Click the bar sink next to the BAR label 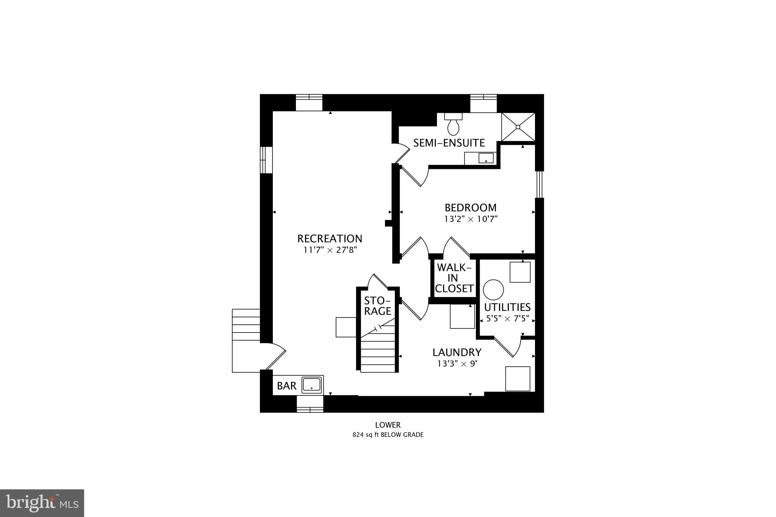pyautogui.click(x=312, y=385)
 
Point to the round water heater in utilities pyautogui.click(x=493, y=290)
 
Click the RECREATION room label pyautogui.click(x=330, y=239)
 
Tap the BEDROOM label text pyautogui.click(x=470, y=208)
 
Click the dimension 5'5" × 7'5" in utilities pyautogui.click(x=507, y=319)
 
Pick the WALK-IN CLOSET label pyautogui.click(x=454, y=278)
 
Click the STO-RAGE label pyautogui.click(x=377, y=306)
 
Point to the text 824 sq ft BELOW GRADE pyautogui.click(x=388, y=435)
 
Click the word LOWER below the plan pyautogui.click(x=388, y=425)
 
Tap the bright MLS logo pyautogui.click(x=42, y=503)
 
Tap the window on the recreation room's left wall pyautogui.click(x=266, y=160)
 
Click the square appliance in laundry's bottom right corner pyautogui.click(x=518, y=378)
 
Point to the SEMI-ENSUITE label pyautogui.click(x=449, y=143)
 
